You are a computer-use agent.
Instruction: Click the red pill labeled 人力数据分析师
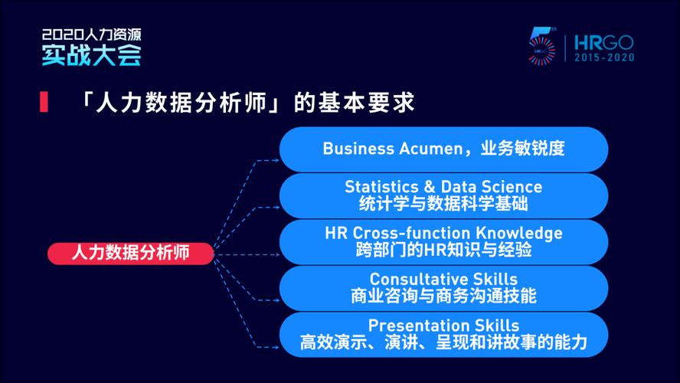130,253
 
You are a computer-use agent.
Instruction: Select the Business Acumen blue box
443,149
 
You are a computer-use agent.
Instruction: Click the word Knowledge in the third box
519,234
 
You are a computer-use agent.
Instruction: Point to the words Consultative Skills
443,279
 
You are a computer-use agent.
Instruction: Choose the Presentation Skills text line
443,326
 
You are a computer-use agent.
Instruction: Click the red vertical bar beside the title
44,103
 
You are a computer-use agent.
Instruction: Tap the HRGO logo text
604,43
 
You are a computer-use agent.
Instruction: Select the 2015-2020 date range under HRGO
604,57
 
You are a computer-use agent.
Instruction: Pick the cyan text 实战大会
91,55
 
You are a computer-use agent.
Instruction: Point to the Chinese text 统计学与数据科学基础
443,204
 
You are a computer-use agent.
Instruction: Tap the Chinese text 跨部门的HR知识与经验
443,250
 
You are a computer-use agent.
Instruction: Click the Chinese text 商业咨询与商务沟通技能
443,296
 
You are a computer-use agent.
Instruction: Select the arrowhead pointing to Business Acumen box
276,161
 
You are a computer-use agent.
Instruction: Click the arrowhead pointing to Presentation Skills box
276,347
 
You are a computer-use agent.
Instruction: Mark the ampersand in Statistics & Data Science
430,187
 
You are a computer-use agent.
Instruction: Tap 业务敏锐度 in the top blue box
522,149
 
